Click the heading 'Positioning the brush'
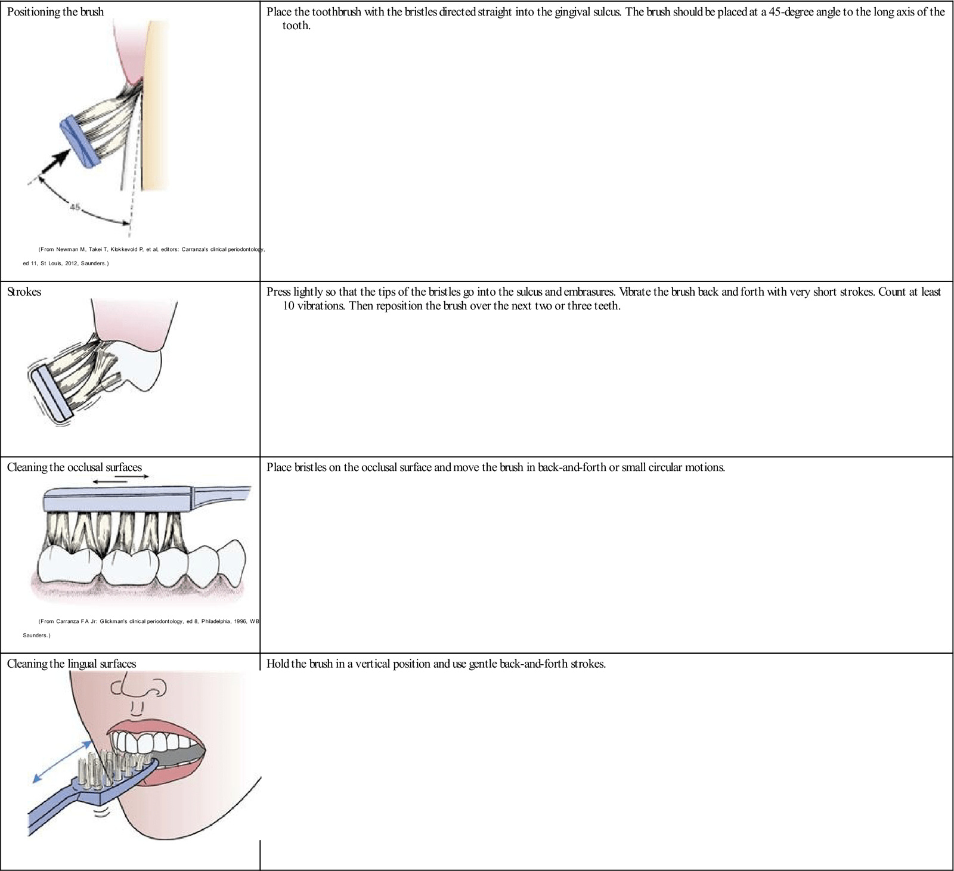(55, 12)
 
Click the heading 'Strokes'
(24, 292)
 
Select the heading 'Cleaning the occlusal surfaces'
(74, 467)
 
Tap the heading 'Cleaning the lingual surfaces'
(71, 664)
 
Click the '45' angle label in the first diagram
(75, 207)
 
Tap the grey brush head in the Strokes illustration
(51, 394)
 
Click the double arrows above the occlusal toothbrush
(117, 479)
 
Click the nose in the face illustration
(138, 687)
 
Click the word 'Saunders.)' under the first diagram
(95, 263)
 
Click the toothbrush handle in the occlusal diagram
(224, 494)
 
